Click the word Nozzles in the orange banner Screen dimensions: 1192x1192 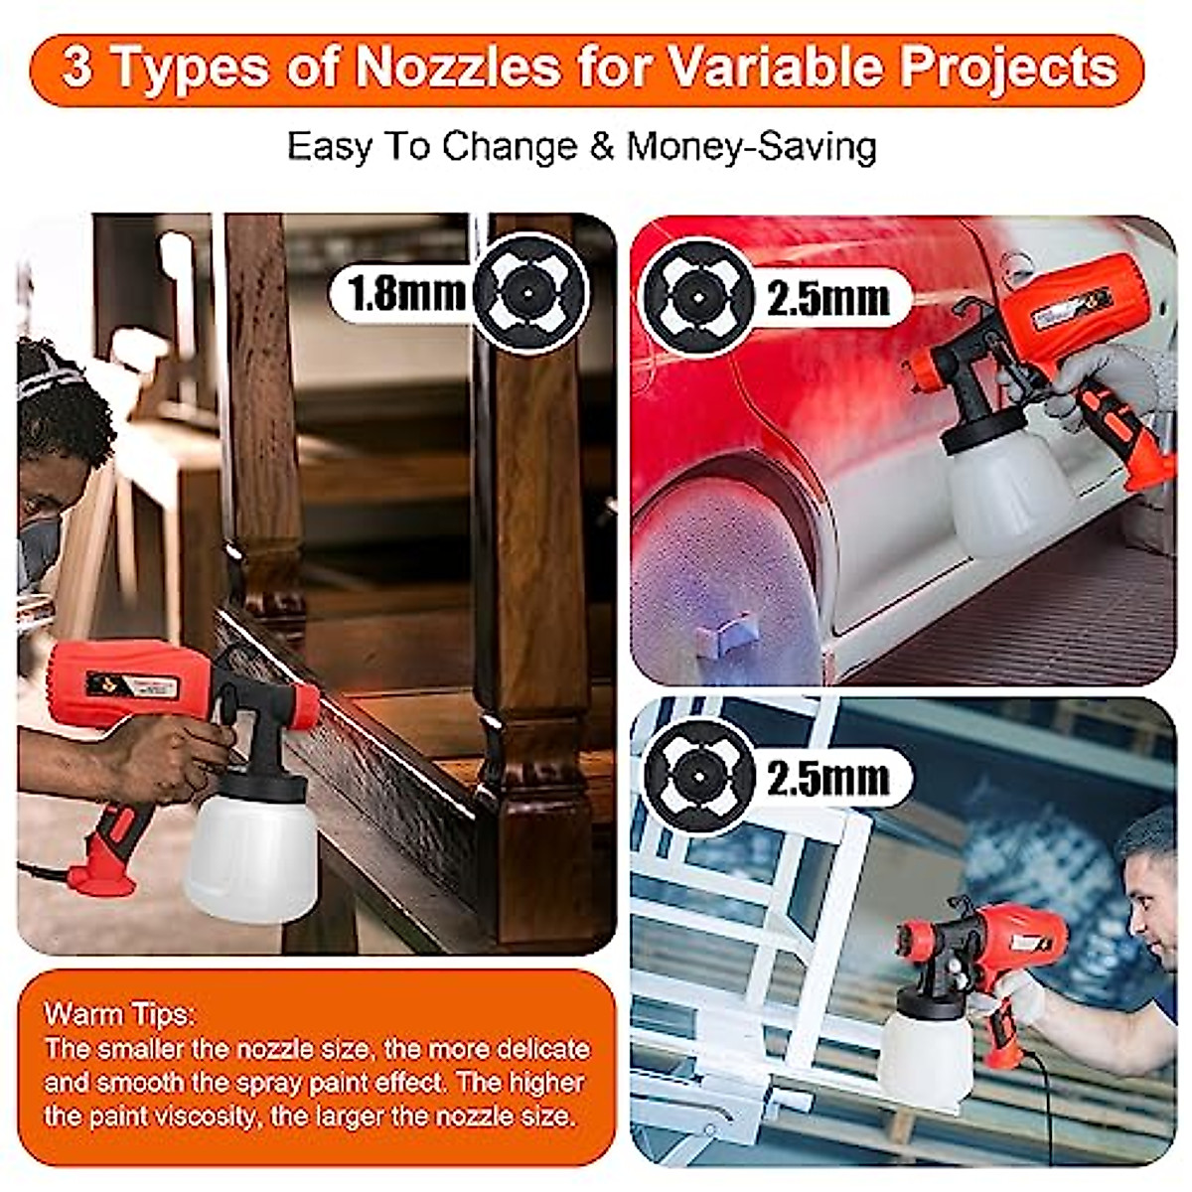coord(458,68)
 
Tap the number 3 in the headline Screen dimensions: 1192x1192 coord(76,68)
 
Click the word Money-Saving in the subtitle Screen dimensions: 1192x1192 coord(752,147)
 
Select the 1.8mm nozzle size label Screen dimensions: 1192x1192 coord(406,293)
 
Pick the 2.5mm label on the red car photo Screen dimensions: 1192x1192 coord(827,298)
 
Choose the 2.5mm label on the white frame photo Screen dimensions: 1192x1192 coord(827,778)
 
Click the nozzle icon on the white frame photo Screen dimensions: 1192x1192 coord(699,776)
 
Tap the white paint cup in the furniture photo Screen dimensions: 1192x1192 coord(250,854)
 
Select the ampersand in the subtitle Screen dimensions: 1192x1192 coord(601,147)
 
